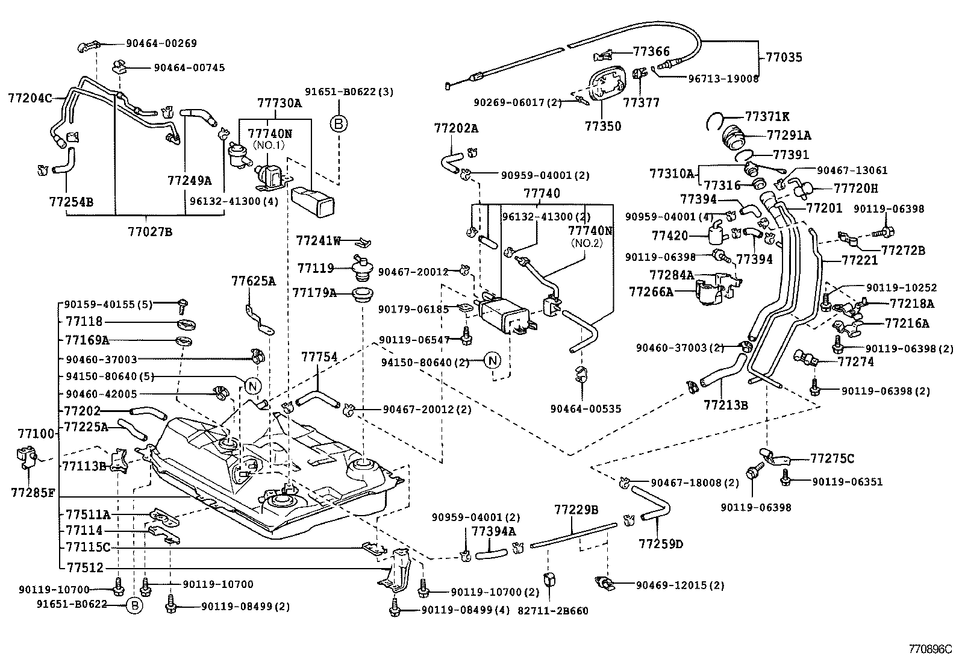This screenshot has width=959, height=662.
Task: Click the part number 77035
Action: point(784,57)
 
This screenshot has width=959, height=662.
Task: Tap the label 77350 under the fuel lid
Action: point(603,126)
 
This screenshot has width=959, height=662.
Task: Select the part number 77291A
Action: point(789,136)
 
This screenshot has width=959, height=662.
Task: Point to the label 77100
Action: point(36,433)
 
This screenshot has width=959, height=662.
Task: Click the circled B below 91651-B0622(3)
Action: point(339,124)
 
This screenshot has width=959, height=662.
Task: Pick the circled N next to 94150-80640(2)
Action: point(492,361)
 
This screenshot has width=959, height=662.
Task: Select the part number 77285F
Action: point(33,493)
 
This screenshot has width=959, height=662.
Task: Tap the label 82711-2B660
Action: point(553,611)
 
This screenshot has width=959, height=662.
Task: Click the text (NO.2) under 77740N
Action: point(587,243)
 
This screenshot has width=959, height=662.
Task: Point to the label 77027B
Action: point(150,232)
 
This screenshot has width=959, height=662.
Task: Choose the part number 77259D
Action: point(661,544)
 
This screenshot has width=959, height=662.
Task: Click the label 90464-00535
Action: point(586,408)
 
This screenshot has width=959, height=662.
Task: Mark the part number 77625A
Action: point(254,281)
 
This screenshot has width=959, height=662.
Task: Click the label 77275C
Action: point(832,458)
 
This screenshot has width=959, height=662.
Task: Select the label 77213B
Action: point(726,405)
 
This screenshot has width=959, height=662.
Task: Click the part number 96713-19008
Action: point(723,79)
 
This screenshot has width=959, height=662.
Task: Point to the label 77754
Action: point(319,357)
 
